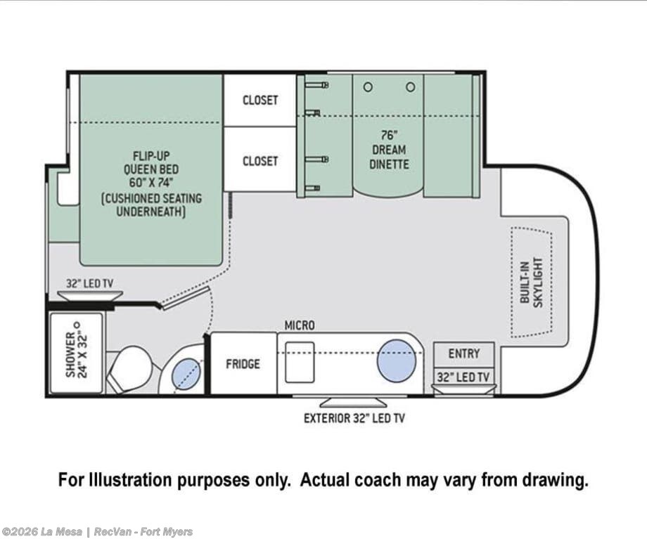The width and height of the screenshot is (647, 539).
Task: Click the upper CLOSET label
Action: point(260,100)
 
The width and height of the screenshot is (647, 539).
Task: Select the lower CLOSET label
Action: point(260,161)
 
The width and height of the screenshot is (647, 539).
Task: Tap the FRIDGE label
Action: point(243,364)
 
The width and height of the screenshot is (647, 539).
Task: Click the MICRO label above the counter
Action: point(300,325)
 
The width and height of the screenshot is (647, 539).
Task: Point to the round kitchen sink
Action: point(397,361)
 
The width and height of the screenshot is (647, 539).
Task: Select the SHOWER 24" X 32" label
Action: point(77,350)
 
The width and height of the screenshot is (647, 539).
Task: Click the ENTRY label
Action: point(464,354)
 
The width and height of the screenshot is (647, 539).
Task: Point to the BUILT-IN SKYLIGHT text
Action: point(532,283)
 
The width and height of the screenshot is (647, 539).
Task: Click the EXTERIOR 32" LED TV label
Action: point(354,418)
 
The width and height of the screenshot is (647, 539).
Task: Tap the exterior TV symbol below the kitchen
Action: point(354,402)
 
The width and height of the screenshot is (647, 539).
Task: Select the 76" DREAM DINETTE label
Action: point(389,150)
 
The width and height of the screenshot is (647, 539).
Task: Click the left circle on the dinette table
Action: point(368,87)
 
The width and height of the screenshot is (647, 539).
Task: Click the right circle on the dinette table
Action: point(410,87)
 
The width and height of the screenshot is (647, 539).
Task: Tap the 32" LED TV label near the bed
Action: point(89,284)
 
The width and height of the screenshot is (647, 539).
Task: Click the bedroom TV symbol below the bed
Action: point(89,296)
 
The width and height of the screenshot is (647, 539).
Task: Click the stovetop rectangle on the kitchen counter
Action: point(300,362)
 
